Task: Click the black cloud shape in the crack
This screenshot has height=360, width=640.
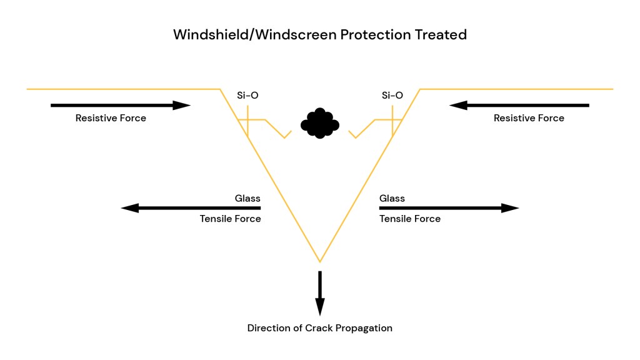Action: pyautogui.click(x=320, y=123)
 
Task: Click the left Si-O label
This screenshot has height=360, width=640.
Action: pyautogui.click(x=247, y=96)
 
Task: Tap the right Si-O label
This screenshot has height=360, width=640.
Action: pyautogui.click(x=392, y=96)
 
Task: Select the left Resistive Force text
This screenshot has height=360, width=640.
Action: pyautogui.click(x=111, y=118)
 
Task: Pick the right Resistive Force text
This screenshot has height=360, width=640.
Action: pyautogui.click(x=529, y=118)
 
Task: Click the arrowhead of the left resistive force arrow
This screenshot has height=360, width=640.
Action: pyautogui.click(x=182, y=106)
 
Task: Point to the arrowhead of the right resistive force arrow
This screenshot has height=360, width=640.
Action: pyautogui.click(x=457, y=106)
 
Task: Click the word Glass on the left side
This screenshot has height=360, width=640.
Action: pyautogui.click(x=247, y=199)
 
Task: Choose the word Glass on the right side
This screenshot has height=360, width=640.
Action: pyautogui.click(x=392, y=199)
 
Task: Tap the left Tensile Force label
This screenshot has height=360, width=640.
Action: pyautogui.click(x=230, y=219)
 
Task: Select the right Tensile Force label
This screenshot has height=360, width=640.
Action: pyautogui.click(x=410, y=219)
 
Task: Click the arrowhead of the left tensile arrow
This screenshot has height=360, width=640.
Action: pyautogui.click(x=129, y=208)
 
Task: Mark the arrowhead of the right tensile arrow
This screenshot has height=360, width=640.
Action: pyautogui.click(x=511, y=208)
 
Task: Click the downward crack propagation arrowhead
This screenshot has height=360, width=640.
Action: pyautogui.click(x=320, y=307)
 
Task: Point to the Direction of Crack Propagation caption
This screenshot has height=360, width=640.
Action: pyautogui.click(x=320, y=328)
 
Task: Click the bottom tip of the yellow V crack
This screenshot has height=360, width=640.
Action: pyautogui.click(x=320, y=261)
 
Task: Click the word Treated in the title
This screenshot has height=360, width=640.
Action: pyautogui.click(x=442, y=34)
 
